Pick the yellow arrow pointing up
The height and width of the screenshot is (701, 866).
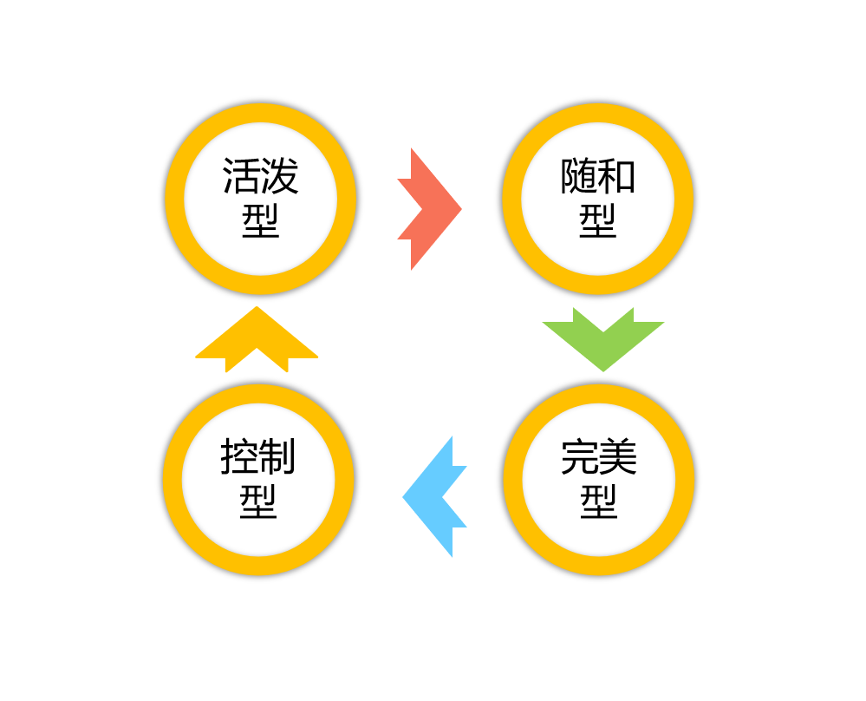pos(257,340)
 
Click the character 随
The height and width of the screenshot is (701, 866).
pos(578,176)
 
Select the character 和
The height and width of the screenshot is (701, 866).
pos(617,176)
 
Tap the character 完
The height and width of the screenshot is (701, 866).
pos(579,457)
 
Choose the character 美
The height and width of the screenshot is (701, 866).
pos(618,457)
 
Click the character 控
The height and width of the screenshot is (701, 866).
pos(239,456)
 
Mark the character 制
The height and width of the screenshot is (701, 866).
pos(278,456)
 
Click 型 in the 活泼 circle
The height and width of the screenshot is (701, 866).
pos(260,221)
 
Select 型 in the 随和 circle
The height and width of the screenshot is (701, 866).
pos(597,221)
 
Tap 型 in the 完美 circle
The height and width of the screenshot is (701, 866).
pos(599,502)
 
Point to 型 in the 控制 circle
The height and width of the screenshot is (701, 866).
pos(258,501)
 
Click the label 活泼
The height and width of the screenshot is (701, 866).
pos(260,176)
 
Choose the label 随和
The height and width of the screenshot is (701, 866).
pos(597,176)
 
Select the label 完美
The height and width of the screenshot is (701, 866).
pos(599,457)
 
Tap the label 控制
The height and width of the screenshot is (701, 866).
pos(258,456)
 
